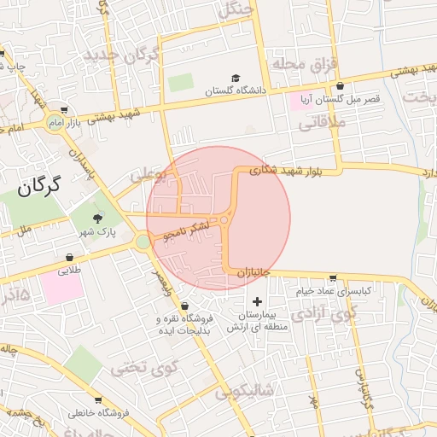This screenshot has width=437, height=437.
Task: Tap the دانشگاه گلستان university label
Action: click(236, 89)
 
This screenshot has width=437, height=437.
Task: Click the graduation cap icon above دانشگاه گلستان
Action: click(236, 78)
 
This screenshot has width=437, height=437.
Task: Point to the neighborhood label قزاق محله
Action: click(295, 64)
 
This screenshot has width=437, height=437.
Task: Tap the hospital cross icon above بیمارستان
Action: click(258, 301)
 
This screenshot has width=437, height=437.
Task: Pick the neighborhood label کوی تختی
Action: click(142, 368)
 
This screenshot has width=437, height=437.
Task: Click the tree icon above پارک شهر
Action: click(96, 219)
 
